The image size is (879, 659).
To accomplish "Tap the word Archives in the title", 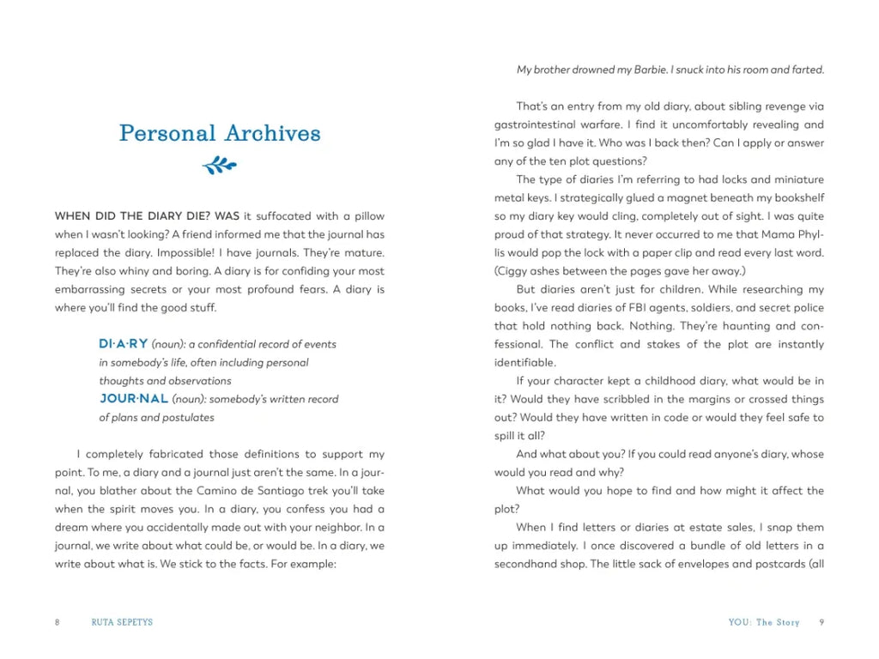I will pyautogui.click(x=272, y=134).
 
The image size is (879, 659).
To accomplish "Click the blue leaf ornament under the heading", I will pyautogui.click(x=220, y=165).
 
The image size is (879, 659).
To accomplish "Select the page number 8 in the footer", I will pyautogui.click(x=58, y=622).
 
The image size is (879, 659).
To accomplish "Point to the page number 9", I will pyautogui.click(x=821, y=622).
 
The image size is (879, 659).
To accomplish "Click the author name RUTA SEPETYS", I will pyautogui.click(x=122, y=622).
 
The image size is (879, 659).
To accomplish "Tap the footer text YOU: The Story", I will pyautogui.click(x=764, y=622).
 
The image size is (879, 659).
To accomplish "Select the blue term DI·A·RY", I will pyautogui.click(x=124, y=344).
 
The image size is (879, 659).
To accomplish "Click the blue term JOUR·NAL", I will pyautogui.click(x=133, y=399).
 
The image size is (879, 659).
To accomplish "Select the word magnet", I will pyautogui.click(x=662, y=198).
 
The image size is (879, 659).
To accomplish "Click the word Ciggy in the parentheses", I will pyautogui.click(x=514, y=271).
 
